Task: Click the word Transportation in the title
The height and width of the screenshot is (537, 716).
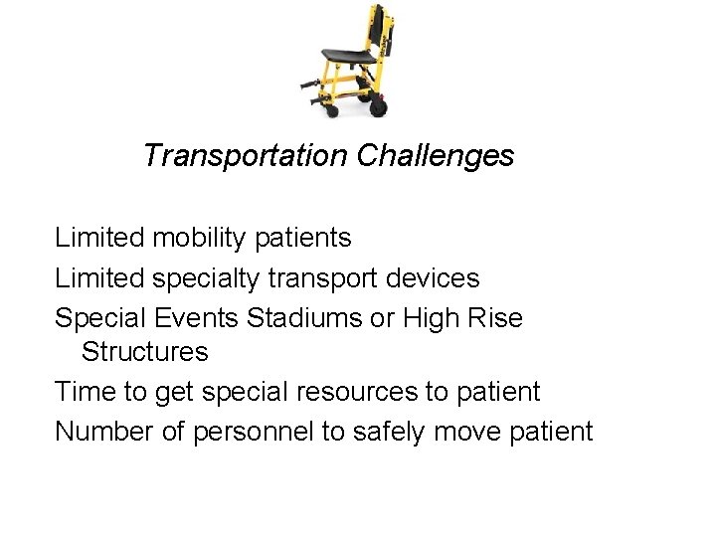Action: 245,156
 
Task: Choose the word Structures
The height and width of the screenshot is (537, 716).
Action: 145,352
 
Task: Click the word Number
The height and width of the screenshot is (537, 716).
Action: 102,433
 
